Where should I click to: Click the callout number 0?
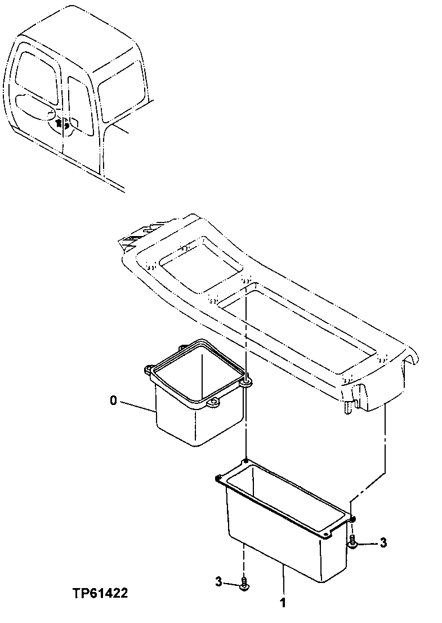[113, 401]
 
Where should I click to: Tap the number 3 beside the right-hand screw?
[383, 543]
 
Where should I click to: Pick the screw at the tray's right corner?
[352, 542]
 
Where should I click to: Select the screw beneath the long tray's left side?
[244, 584]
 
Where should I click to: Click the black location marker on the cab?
[63, 123]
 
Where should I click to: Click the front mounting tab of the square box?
[213, 404]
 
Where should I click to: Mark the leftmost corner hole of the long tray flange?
[217, 479]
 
